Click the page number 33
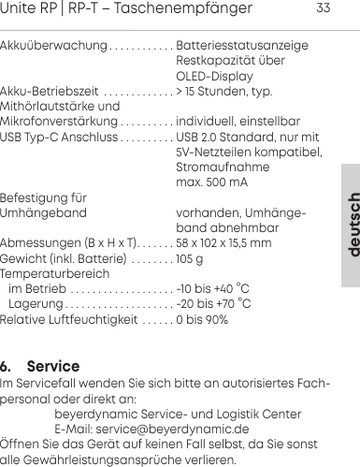(x=324, y=9)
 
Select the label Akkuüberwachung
(x=53, y=44)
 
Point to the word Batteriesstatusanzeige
(x=242, y=44)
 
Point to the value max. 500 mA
(x=212, y=182)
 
